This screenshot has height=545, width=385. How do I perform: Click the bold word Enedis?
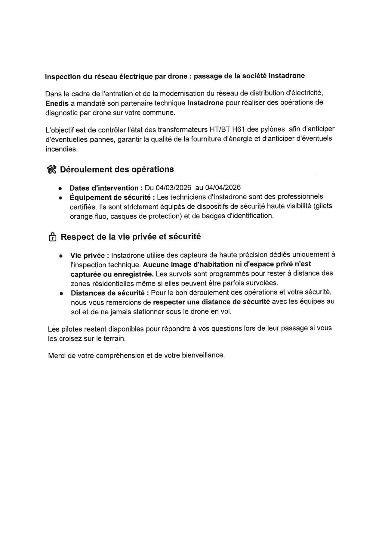point(57,103)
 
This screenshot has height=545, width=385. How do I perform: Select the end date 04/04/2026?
point(223,187)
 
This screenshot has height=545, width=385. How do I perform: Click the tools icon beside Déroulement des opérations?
point(52,170)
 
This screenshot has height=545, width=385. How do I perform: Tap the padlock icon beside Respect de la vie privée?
point(52,237)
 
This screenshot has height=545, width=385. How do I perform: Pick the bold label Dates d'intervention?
point(104,188)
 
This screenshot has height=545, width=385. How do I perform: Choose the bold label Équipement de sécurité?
point(110,198)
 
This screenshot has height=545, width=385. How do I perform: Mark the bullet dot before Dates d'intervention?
point(60,188)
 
